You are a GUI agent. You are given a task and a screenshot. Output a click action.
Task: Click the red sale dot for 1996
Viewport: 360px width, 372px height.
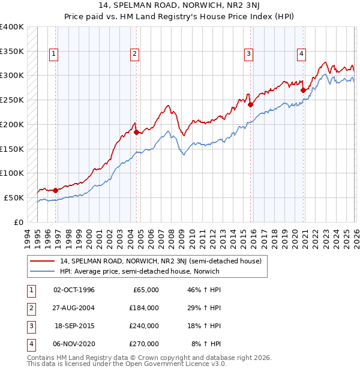(x=56, y=190)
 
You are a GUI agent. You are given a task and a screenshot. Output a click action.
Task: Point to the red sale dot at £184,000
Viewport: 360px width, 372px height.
(x=136, y=132)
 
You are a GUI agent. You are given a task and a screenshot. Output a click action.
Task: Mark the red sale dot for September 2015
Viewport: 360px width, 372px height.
(x=250, y=104)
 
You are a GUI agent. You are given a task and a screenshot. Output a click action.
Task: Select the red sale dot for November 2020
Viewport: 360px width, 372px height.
(x=303, y=90)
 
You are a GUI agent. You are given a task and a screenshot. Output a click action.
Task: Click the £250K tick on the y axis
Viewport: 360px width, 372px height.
(x=12, y=100)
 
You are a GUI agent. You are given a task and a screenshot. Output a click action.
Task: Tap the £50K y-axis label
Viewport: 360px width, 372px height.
(x=14, y=197)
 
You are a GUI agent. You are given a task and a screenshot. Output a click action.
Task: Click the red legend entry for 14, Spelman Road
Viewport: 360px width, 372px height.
(x=160, y=261)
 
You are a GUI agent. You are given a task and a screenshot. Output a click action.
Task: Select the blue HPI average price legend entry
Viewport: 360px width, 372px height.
(x=140, y=271)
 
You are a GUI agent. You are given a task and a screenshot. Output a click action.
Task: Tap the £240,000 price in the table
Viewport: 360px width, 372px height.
(x=143, y=326)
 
